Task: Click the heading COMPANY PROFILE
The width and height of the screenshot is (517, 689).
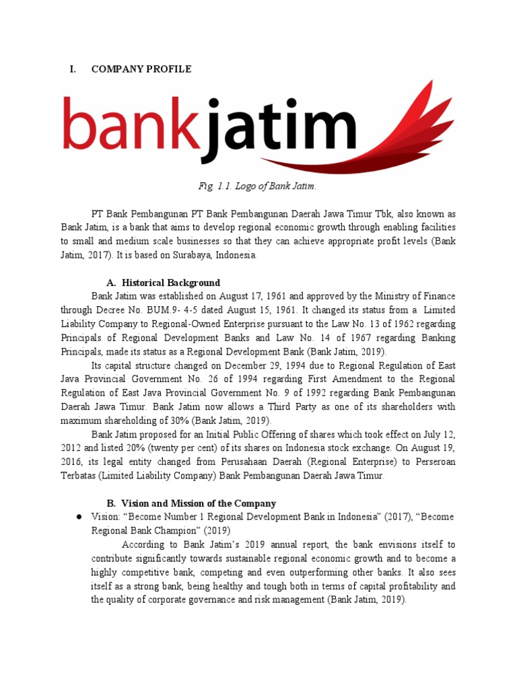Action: pyautogui.click(x=141, y=69)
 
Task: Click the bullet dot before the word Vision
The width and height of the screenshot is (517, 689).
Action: pyautogui.click(x=79, y=517)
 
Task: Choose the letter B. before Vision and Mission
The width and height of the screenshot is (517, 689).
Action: pyautogui.click(x=112, y=503)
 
